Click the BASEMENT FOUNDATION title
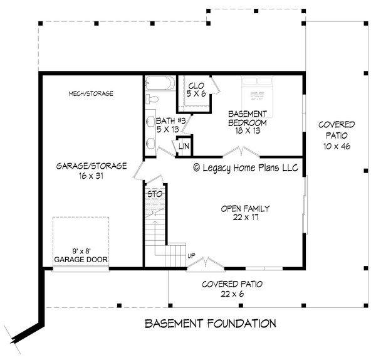coord(210,324)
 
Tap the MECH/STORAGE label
coord(91,93)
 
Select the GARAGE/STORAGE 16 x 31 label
coord(92,172)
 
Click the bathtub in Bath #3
coord(161,85)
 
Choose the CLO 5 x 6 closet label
coord(196,88)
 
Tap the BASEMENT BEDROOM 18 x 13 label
coord(248,119)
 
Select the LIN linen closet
coord(184,146)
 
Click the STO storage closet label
coord(154,194)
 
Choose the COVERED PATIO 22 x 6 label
coord(232,289)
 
